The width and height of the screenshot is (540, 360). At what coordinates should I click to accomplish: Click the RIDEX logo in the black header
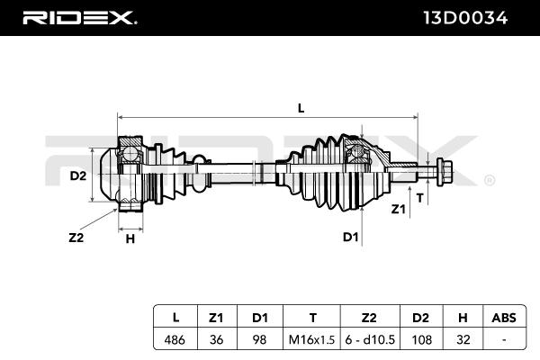tap(79, 18)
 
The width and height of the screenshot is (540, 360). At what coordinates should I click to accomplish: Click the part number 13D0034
tap(465, 18)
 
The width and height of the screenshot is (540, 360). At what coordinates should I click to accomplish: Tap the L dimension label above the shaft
tap(301, 109)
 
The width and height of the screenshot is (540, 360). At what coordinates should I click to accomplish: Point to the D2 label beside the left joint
tap(77, 176)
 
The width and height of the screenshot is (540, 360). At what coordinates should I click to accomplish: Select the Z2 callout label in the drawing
tap(76, 238)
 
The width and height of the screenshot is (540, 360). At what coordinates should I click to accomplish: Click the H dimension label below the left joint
tap(130, 238)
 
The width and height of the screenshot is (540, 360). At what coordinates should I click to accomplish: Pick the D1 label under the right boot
tap(351, 237)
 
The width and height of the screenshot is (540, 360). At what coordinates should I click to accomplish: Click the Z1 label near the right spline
tap(399, 209)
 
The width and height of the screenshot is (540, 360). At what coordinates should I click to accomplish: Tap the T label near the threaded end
tap(419, 198)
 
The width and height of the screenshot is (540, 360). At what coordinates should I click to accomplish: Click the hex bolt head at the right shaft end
tap(444, 172)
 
